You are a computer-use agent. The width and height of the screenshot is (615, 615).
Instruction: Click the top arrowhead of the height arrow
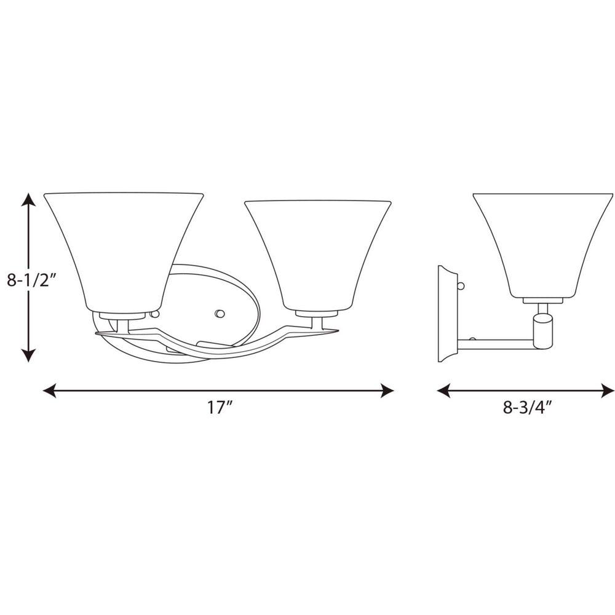(x=28, y=199)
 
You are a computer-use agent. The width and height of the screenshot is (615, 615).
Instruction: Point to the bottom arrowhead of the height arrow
(x=28, y=355)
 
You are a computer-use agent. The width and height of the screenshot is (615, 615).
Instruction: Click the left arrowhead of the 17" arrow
(x=49, y=391)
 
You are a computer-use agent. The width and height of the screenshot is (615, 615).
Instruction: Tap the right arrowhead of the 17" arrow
(x=387, y=391)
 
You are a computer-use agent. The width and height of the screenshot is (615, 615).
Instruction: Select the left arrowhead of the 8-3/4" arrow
(x=443, y=391)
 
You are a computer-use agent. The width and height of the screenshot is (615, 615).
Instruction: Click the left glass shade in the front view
(x=123, y=249)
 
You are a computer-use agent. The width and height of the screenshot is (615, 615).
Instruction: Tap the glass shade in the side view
(x=542, y=243)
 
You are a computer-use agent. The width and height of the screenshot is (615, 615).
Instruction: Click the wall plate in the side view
(x=447, y=314)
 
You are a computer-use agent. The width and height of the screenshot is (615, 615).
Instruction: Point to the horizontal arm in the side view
(x=495, y=344)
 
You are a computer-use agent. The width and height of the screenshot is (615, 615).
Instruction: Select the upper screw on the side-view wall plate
(x=461, y=285)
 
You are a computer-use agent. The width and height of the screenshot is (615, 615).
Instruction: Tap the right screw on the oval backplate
(x=219, y=314)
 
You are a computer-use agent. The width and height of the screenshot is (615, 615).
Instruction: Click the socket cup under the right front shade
(x=316, y=314)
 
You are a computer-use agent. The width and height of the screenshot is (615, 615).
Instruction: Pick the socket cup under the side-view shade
(x=542, y=301)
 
